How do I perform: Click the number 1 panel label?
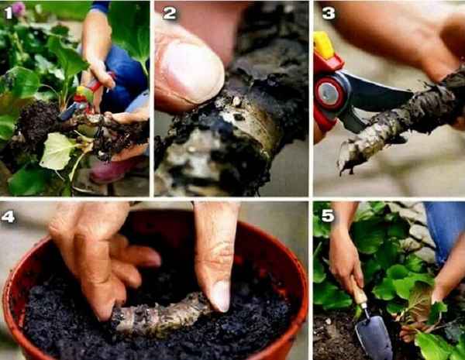point(9,13)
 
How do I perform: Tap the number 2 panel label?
point(170,13)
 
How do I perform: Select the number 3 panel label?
point(329,13)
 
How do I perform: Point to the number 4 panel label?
point(8,217)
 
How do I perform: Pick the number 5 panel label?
point(329,216)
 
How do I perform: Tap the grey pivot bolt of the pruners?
point(329,93)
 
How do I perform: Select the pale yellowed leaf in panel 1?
point(58,151)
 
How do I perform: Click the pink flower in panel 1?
point(19,9)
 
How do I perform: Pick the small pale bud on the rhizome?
point(236,101)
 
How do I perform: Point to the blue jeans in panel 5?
point(445,228)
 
